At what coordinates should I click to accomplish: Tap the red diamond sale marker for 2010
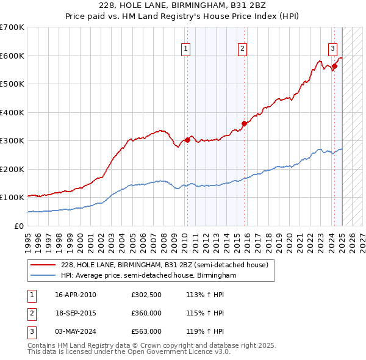point(187,140)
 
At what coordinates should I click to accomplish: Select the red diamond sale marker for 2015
point(244,124)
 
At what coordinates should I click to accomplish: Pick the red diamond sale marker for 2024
point(334,67)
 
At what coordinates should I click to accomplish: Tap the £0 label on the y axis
point(20,226)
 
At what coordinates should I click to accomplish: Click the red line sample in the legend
point(43,265)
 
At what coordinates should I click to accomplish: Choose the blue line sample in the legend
point(43,276)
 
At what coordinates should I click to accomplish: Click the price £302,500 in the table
point(146,295)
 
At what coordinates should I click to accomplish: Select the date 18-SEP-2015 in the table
point(76,313)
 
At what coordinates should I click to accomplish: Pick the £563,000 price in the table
point(146,331)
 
